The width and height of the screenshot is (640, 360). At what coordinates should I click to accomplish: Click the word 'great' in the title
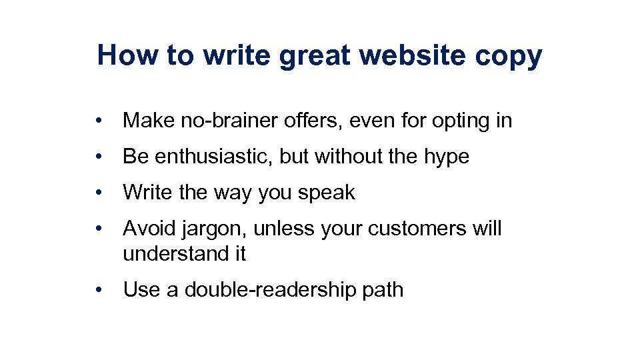315,57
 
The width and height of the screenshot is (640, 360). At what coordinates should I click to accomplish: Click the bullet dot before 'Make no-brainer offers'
98,121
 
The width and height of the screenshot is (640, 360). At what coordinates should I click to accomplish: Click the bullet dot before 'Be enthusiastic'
98,157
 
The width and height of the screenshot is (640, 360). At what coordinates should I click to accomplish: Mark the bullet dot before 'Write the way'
98,193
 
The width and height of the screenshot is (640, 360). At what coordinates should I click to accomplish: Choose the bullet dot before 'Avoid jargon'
98,229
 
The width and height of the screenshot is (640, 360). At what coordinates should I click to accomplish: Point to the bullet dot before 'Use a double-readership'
98,291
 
